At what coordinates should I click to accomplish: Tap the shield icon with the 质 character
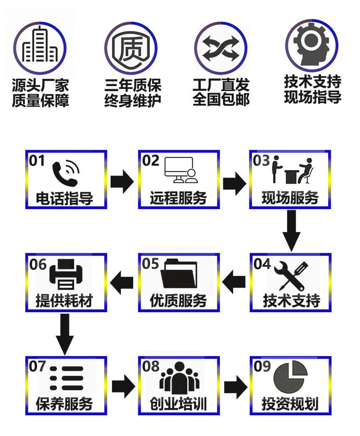pyautogui.click(x=131, y=48)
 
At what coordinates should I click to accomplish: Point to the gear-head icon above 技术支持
pyautogui.click(x=312, y=44)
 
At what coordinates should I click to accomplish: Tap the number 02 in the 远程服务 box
pyautogui.click(x=150, y=161)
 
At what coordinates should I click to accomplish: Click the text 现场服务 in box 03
pyautogui.click(x=290, y=198)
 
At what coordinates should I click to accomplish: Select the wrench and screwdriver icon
pyautogui.click(x=291, y=275)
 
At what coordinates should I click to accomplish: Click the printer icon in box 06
pyautogui.click(x=66, y=274)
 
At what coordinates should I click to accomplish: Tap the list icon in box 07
pyautogui.click(x=67, y=378)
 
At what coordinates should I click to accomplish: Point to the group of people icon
pyautogui.click(x=179, y=378)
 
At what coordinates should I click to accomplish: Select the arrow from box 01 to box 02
pyautogui.click(x=122, y=182)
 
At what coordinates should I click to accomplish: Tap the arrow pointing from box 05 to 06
pyautogui.click(x=121, y=283)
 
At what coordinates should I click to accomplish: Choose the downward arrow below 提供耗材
pyautogui.click(x=65, y=334)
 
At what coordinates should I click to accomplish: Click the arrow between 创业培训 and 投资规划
pyautogui.click(x=235, y=387)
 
